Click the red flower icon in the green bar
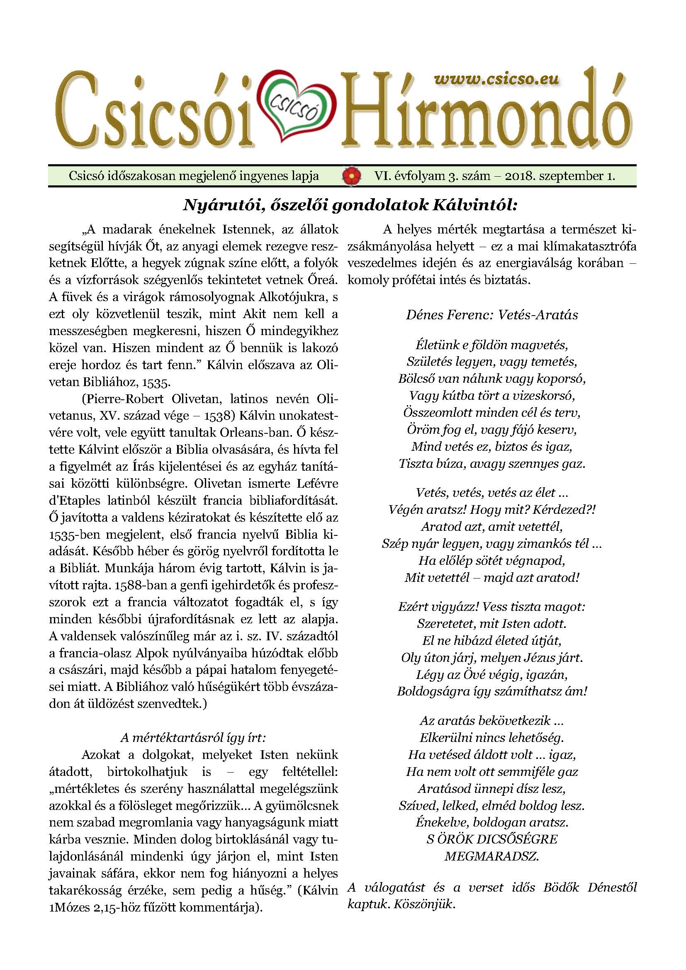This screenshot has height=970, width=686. pos(348,176)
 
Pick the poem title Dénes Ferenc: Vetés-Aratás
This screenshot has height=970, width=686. pos(492,315)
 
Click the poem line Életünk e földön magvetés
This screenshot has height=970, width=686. pos(492,345)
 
